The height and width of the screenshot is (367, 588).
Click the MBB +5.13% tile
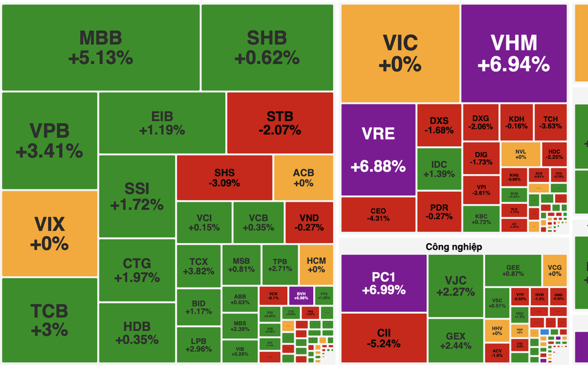click(101, 47)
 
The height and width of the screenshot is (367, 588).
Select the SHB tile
click(266, 47)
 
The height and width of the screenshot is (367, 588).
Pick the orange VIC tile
click(400, 53)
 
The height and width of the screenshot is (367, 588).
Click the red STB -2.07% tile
click(279, 123)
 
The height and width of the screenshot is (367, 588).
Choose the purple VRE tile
click(378, 149)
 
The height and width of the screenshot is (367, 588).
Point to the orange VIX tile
click(49, 233)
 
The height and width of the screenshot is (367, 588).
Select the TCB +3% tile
click(49, 320)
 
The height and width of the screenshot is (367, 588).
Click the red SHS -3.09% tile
click(224, 177)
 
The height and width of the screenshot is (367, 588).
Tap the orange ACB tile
click(303, 177)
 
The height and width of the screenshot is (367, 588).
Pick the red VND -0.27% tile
click(309, 222)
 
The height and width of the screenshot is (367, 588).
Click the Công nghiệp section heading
click(453, 246)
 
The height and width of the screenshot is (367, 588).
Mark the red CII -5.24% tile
click(383, 337)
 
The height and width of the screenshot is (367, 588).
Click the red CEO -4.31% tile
click(378, 214)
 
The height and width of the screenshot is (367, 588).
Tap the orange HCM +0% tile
click(315, 265)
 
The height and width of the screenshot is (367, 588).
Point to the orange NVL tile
click(520, 153)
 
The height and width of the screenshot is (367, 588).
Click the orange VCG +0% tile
click(554, 270)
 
